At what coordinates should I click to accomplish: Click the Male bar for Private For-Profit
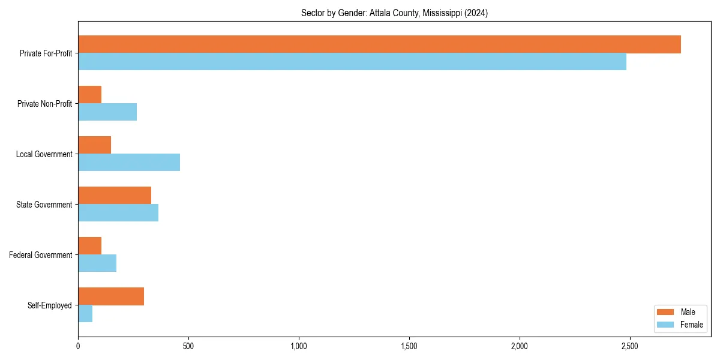point(379,44)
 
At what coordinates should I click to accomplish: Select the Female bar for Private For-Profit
point(352,61)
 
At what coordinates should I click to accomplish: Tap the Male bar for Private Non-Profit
point(89,95)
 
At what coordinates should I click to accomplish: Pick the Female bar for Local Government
point(129,162)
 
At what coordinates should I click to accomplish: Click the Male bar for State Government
point(115,196)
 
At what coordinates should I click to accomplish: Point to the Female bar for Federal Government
point(97,263)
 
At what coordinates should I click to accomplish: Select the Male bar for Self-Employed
point(111,296)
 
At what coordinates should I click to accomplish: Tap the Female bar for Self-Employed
point(85,313)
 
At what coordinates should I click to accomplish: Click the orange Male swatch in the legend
point(666,312)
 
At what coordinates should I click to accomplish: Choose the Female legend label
point(692,325)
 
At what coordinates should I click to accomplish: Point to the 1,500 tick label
point(409,346)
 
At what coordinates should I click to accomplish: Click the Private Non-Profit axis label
point(44,104)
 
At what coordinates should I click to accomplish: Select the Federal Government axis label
point(41,255)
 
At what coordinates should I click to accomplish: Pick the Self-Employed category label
point(50,305)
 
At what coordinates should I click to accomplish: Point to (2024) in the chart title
point(475,13)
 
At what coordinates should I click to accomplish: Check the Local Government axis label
point(44,154)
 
